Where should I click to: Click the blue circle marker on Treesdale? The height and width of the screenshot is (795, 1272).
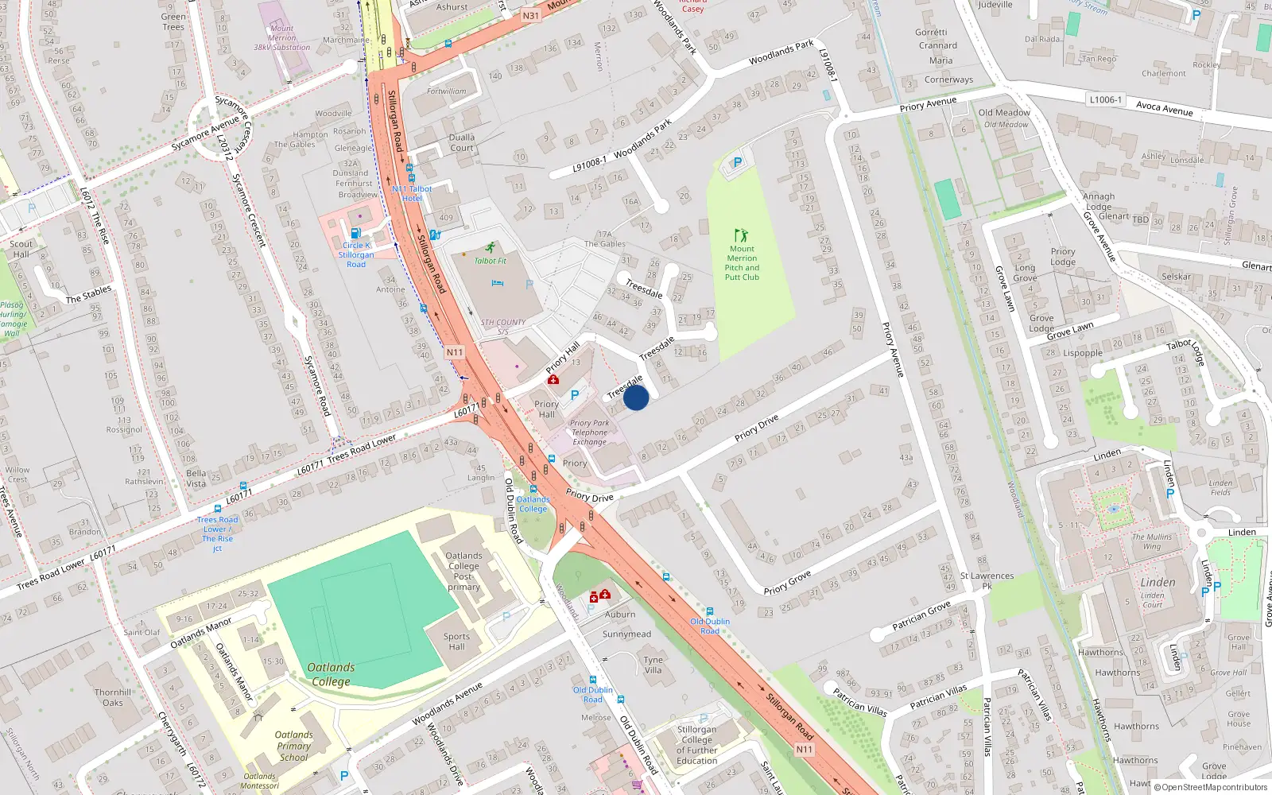click(636, 397)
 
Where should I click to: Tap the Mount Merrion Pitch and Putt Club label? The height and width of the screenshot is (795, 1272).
click(742, 263)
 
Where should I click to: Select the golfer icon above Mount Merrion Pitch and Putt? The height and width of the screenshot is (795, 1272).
click(742, 235)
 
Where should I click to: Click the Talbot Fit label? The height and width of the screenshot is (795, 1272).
click(491, 261)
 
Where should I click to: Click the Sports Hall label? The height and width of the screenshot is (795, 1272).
click(456, 642)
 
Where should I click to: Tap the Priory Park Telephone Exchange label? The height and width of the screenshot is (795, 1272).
click(590, 432)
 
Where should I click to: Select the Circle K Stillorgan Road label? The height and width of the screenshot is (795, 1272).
click(356, 254)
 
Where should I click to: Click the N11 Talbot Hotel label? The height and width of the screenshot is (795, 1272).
click(412, 193)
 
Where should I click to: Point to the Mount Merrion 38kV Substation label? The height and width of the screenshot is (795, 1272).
click(281, 38)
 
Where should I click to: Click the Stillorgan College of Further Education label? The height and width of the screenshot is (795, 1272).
click(696, 745)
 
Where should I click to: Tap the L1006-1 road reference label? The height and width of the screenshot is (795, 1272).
click(1105, 100)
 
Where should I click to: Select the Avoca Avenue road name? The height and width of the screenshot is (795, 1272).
click(1164, 109)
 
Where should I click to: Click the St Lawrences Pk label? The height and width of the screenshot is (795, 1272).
click(987, 580)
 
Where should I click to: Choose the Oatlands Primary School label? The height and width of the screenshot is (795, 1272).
click(293, 746)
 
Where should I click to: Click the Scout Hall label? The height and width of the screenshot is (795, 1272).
click(21, 249)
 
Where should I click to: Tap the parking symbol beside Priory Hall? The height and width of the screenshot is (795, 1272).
click(575, 394)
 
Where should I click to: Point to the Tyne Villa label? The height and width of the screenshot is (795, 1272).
click(653, 665)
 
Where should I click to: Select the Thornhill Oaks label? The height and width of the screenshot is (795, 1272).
click(113, 697)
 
